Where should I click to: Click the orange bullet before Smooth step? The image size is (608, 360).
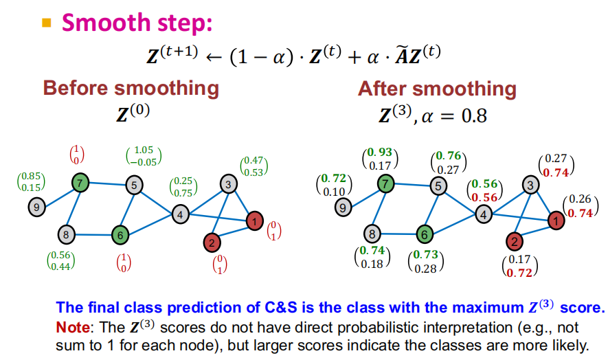coord(47,23)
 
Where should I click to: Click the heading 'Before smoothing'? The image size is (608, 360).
coord(131,89)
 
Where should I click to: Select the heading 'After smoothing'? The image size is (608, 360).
coord(436,89)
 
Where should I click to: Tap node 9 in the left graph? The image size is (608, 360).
coord(36,205)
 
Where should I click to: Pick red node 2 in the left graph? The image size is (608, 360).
coord(212,242)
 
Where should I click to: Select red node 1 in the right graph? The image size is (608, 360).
coord(554,221)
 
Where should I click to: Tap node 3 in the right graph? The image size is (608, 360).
coord(530,184)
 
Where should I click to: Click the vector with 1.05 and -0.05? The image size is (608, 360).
coord(144,156)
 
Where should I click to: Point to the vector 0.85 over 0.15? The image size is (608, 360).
coord(31,182)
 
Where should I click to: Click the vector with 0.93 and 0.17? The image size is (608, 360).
coord(380,158)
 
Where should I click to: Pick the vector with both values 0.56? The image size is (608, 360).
coord(483,190)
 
